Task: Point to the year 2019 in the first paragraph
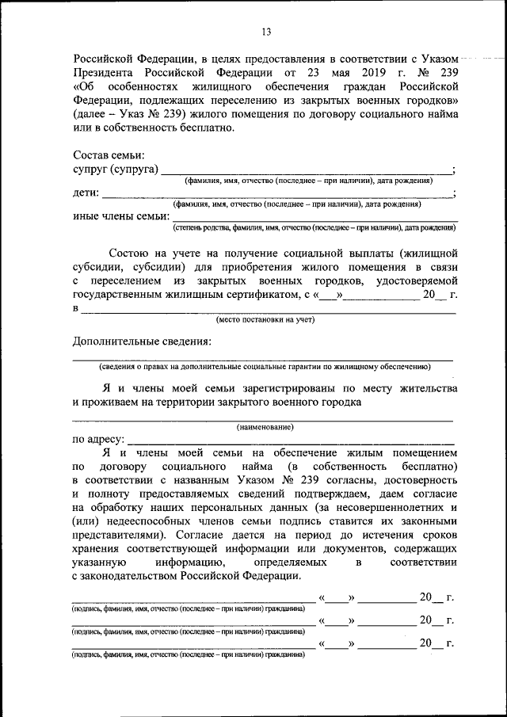[353, 72]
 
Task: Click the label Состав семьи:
[109, 155]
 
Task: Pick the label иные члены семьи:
[121, 215]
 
